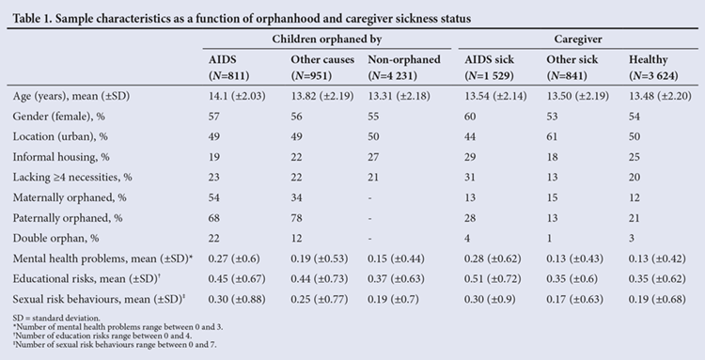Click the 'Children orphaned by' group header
pyautogui.click(x=327, y=39)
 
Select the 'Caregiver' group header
pyautogui.click(x=578, y=39)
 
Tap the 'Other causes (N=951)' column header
pyautogui.click(x=322, y=68)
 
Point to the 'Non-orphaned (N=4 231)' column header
pyautogui.click(x=404, y=68)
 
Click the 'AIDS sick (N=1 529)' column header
pyautogui.click(x=489, y=68)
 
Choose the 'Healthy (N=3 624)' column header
pyautogui.click(x=653, y=68)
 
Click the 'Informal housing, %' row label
pyautogui.click(x=61, y=157)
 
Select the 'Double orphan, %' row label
pyautogui.click(x=55, y=238)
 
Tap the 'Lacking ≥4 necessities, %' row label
pyautogui.click(x=72, y=177)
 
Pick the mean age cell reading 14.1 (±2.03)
pyautogui.click(x=237, y=96)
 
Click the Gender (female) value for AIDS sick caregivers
pyautogui.click(x=470, y=117)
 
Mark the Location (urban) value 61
pyautogui.click(x=552, y=136)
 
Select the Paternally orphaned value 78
pyautogui.click(x=296, y=218)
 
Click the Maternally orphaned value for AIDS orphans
pyautogui.click(x=214, y=197)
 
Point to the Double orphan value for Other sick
pyautogui.click(x=550, y=238)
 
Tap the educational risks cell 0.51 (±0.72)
pyautogui.click(x=493, y=279)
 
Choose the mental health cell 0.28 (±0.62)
pyautogui.click(x=493, y=258)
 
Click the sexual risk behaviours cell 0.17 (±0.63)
pyautogui.click(x=575, y=299)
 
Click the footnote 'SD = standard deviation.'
pyautogui.click(x=56, y=319)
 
